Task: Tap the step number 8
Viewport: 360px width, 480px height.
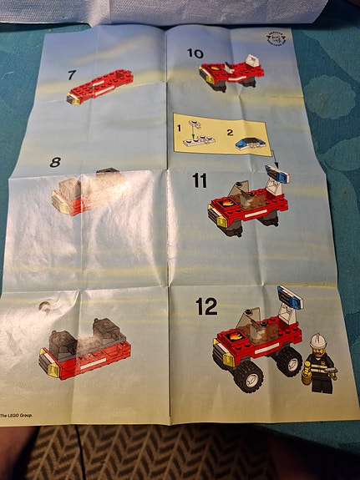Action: point(55,163)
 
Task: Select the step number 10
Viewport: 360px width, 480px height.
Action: point(195,54)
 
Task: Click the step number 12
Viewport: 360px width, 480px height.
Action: point(206,306)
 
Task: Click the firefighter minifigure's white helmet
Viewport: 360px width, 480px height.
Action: point(317,341)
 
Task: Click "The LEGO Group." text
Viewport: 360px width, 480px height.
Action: point(17,415)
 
